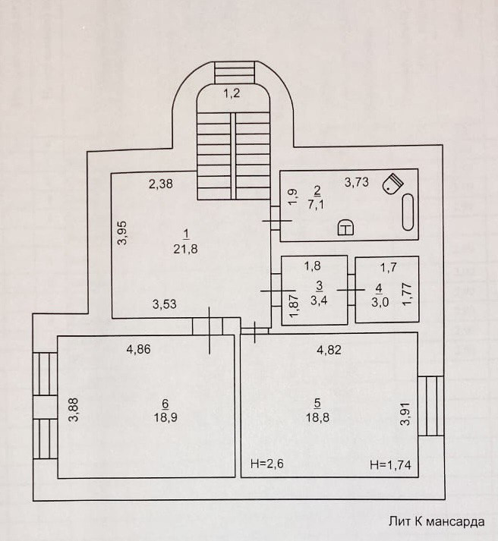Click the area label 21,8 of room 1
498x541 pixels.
point(185,250)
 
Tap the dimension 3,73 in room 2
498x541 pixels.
point(358,181)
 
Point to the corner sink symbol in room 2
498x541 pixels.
point(392,184)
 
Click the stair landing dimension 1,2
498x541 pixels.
point(232,94)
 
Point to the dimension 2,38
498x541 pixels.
point(162,183)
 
